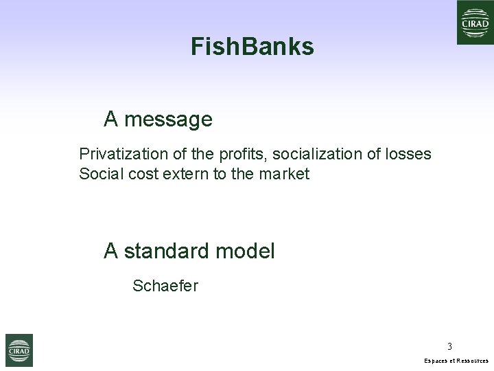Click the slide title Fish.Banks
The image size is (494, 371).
pyautogui.click(x=252, y=47)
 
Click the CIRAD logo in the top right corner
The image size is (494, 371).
pyautogui.click(x=475, y=23)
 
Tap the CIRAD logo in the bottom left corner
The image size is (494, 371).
pyautogui.click(x=19, y=350)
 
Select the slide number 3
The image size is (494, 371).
pyautogui.click(x=449, y=346)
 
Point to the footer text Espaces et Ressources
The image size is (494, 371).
pyautogui.click(x=456, y=361)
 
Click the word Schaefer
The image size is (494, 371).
pyautogui.click(x=165, y=286)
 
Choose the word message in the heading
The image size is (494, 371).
pyautogui.click(x=168, y=120)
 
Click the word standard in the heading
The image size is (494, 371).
pyautogui.click(x=167, y=251)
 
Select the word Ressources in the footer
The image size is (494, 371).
pyautogui.click(x=472, y=361)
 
